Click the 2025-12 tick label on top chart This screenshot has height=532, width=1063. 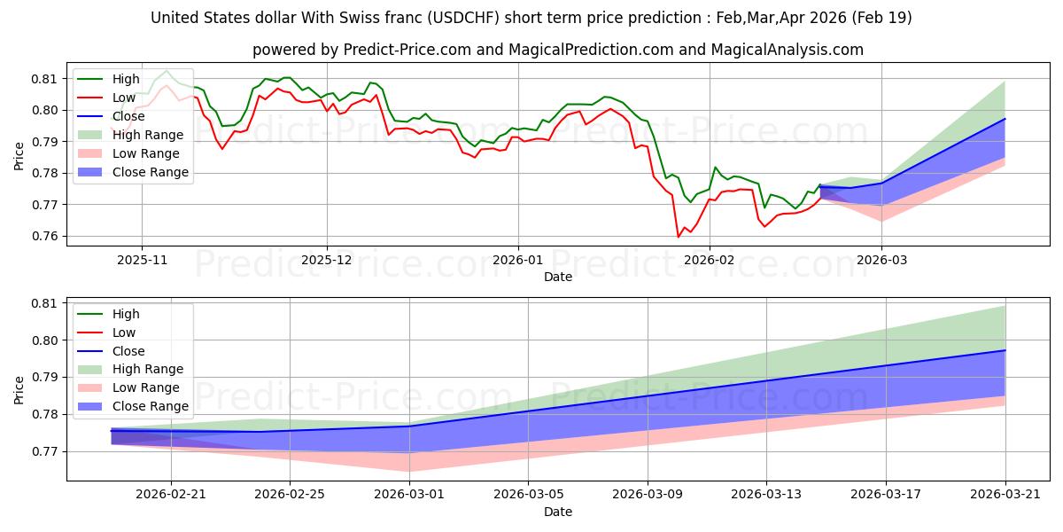[x=327, y=260]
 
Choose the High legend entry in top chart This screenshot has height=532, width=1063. [x=123, y=79]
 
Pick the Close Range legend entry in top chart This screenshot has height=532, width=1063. [x=150, y=172]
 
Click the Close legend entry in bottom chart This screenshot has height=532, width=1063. [x=128, y=351]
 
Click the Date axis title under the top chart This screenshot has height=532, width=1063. [x=558, y=278]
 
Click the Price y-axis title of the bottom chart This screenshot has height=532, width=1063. [x=19, y=389]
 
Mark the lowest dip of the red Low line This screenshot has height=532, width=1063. [x=679, y=237]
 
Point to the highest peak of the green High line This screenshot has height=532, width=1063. [x=167, y=70]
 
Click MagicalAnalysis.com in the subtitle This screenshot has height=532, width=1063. [x=795, y=50]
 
